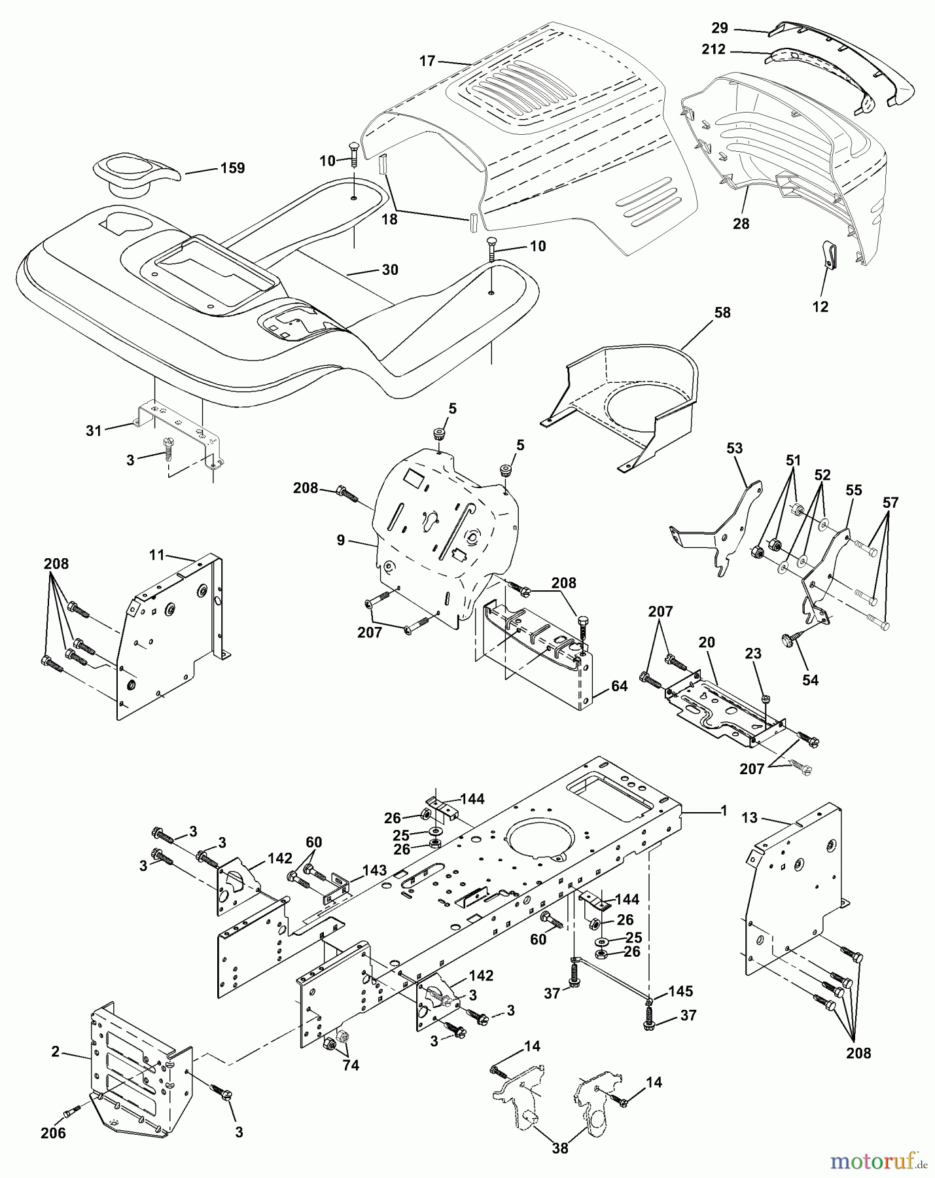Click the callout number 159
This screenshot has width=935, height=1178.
[x=232, y=168]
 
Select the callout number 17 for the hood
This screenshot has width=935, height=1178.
[x=427, y=62]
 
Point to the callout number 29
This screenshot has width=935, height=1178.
[x=720, y=28]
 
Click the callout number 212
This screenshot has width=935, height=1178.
[x=713, y=49]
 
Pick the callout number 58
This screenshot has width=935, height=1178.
[x=722, y=313]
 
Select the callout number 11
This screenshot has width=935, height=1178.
[x=157, y=556]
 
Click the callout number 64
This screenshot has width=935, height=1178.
[x=619, y=686]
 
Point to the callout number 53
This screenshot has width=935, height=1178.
[x=735, y=448]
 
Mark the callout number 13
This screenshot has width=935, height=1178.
[x=750, y=817]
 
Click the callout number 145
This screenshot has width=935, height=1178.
[x=681, y=991]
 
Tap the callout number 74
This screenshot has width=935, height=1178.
[x=351, y=1065]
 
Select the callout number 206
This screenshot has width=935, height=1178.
[x=53, y=1132]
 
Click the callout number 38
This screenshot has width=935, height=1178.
[x=561, y=1147]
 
